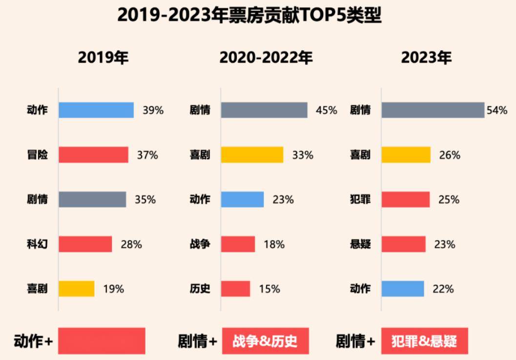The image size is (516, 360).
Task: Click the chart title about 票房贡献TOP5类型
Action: pyautogui.click(x=249, y=16)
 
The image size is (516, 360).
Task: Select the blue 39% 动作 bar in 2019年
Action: pyautogui.click(x=96, y=110)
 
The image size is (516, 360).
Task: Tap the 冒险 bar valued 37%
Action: pyautogui.click(x=93, y=155)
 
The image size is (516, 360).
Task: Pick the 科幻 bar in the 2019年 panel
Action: pyautogui.click(x=85, y=244)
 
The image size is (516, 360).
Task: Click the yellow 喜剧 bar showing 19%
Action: pyautogui.click(x=77, y=289)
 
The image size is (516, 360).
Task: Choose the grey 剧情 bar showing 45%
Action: pyautogui.click(x=264, y=110)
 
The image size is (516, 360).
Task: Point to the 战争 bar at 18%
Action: pyautogui.click(x=238, y=244)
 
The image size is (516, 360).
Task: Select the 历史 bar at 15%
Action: pyautogui.click(x=235, y=289)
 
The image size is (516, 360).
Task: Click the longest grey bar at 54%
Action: pyautogui.click(x=433, y=110)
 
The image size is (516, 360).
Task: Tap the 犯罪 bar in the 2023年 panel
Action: pyautogui.click(x=405, y=200)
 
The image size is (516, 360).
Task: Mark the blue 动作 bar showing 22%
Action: pyautogui.click(x=402, y=289)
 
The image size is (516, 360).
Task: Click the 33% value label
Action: pyautogui.click(x=303, y=155)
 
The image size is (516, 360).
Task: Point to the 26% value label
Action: pyautogui.click(x=450, y=155)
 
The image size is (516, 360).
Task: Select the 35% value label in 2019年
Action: pyautogui.click(x=145, y=200)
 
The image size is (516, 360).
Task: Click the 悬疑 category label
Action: pyautogui.click(x=360, y=244)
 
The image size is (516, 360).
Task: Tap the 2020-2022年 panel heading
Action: pyautogui.click(x=266, y=58)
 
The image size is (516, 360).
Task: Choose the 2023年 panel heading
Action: pyautogui.click(x=426, y=58)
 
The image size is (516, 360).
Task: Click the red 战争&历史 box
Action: pyautogui.click(x=266, y=340)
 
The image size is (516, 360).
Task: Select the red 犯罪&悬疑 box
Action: pyautogui.click(x=424, y=340)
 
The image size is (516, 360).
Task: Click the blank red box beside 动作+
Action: pyautogui.click(x=102, y=340)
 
